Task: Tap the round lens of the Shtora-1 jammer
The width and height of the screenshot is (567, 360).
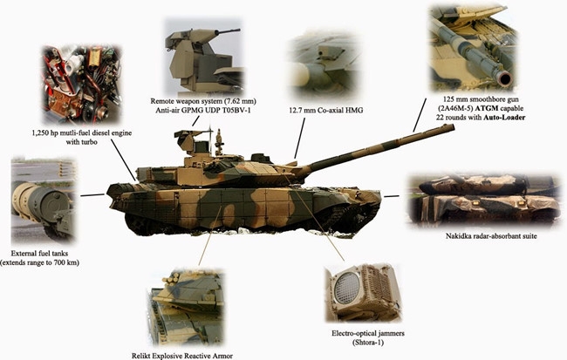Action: coord(346,288)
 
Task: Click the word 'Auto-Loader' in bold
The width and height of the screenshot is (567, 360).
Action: coord(504,118)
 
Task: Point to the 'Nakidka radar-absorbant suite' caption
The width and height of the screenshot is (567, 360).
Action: coord(491,236)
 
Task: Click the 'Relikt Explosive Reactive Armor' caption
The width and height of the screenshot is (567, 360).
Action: coord(182,356)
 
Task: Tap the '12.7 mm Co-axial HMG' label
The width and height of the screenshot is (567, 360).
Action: coord(326,110)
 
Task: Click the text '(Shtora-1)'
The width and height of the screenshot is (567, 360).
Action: coord(368,343)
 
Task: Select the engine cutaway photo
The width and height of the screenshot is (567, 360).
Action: coord(81,85)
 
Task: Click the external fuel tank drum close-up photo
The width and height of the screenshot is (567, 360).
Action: coord(44,200)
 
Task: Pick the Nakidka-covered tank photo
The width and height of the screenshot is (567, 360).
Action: coord(484,200)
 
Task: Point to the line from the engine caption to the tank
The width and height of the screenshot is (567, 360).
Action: coord(123,160)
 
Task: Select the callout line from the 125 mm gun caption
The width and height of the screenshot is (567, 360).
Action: coord(420,115)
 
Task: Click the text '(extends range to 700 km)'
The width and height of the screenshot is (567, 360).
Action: coord(39,262)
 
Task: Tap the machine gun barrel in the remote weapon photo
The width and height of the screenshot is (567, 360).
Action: coord(227,31)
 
